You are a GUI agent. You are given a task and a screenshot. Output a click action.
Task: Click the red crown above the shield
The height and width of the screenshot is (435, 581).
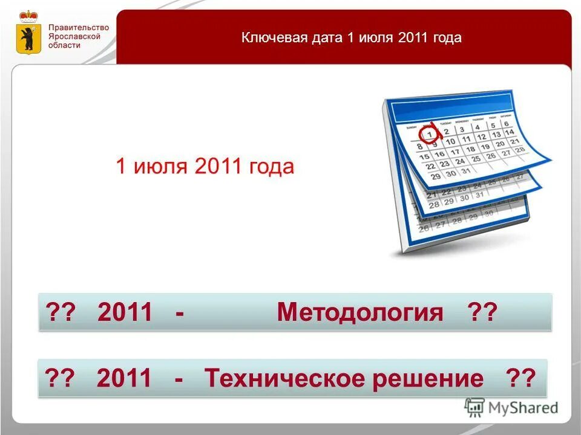click(x=27, y=16)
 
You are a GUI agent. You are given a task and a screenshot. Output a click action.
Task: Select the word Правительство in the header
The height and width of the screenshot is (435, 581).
click(x=79, y=28)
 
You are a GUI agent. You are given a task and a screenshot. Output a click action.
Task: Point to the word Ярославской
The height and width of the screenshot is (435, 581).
click(x=76, y=36)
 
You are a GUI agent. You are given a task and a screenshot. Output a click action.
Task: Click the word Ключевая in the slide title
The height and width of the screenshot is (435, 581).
click(x=268, y=37)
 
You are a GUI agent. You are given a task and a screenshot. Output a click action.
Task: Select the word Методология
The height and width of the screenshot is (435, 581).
click(x=360, y=312)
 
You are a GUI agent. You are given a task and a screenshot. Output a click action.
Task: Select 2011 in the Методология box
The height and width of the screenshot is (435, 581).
click(x=125, y=312)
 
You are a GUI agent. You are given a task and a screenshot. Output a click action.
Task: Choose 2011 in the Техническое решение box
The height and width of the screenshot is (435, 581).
click(x=124, y=379)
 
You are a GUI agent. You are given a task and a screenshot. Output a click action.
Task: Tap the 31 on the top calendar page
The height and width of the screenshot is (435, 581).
click(x=465, y=170)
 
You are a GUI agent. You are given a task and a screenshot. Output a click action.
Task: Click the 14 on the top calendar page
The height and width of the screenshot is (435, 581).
click(x=510, y=132)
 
